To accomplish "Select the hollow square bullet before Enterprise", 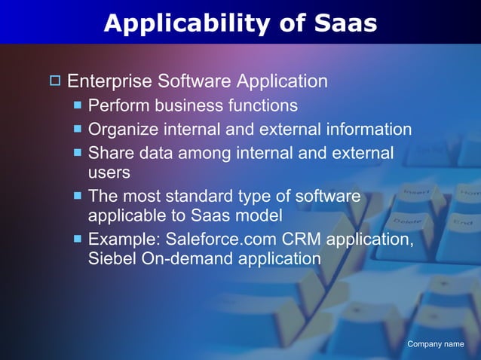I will (x=55, y=81).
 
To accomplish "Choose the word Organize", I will (x=123, y=130).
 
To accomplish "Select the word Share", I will (x=110, y=153).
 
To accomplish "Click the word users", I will (x=109, y=172).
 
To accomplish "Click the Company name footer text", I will (x=435, y=344).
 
